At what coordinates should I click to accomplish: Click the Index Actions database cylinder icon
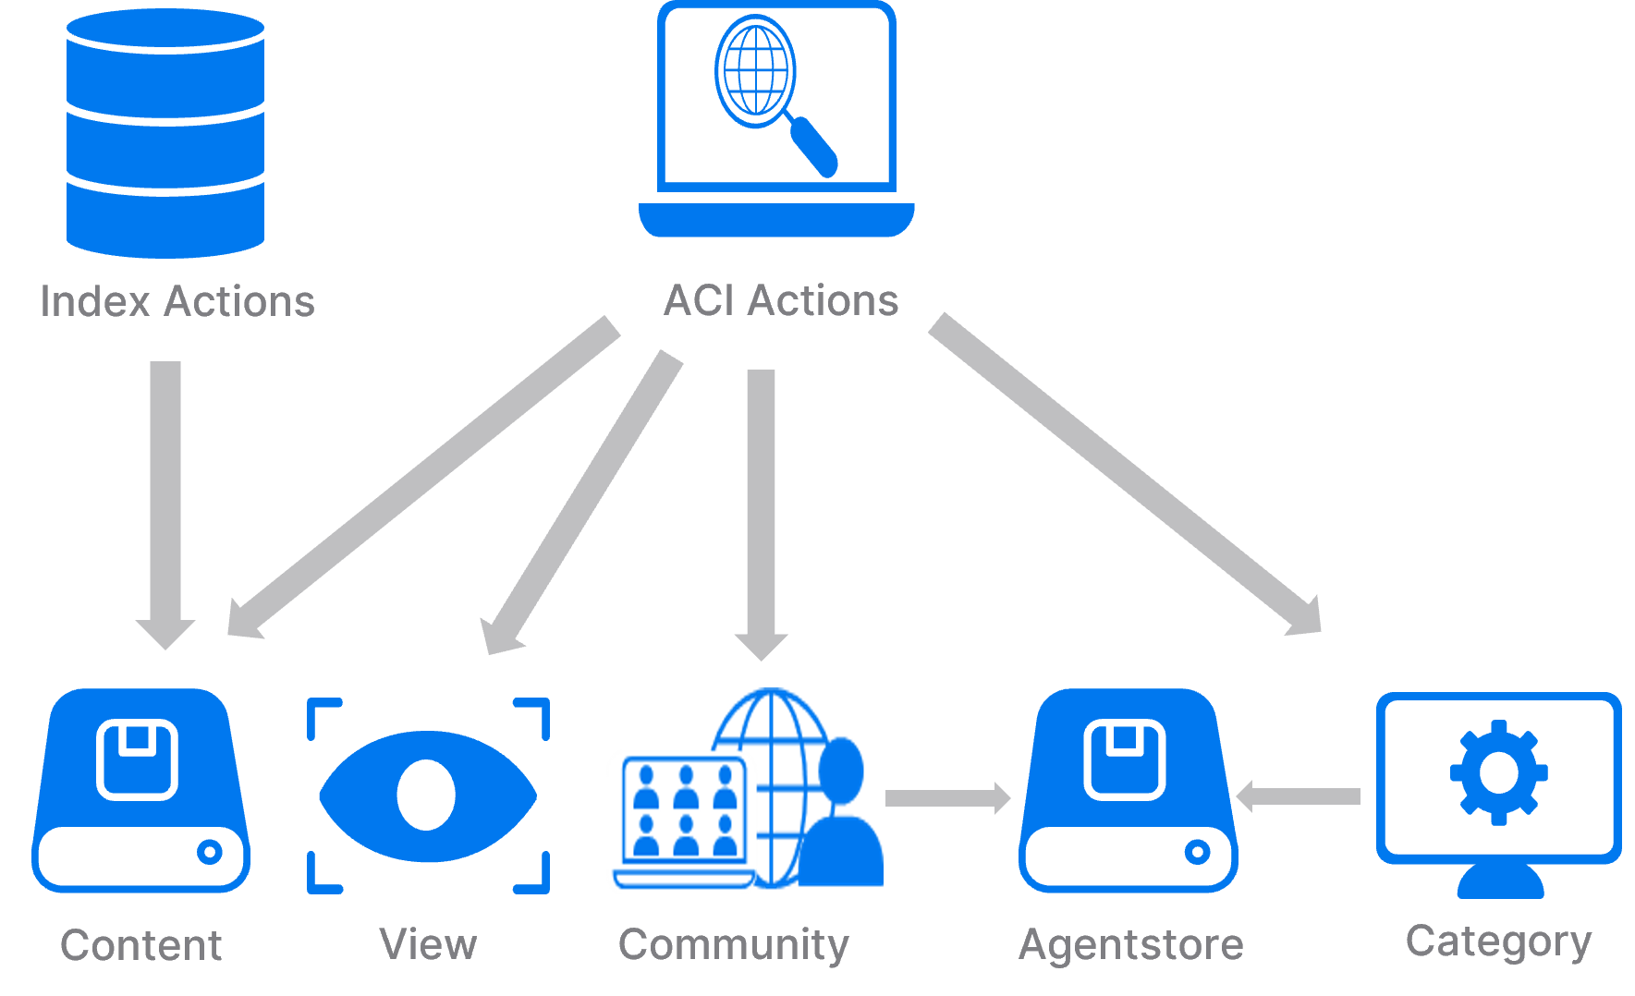(165, 134)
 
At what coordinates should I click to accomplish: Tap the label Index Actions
(177, 302)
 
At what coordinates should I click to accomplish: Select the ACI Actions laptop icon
(776, 120)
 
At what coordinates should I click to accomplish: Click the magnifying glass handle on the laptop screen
(813, 146)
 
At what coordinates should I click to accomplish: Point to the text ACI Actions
(781, 301)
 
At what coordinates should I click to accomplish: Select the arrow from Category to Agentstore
(1299, 796)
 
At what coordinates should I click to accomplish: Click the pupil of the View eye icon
(426, 796)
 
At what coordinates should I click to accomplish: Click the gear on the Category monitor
(1498, 771)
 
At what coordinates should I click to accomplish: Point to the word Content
(140, 945)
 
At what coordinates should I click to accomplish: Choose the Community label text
(733, 945)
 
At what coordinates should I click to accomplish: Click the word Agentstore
(1130, 945)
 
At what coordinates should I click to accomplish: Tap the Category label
(1498, 941)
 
